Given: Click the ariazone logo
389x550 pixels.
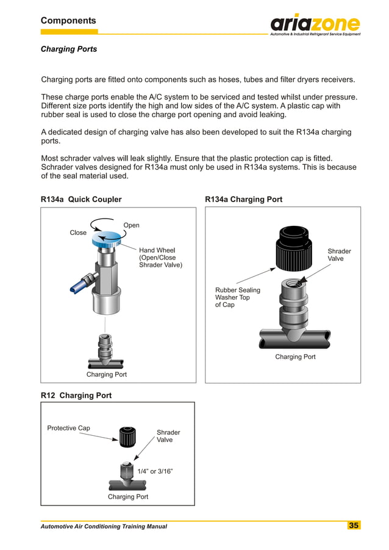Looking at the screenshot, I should pos(315,24).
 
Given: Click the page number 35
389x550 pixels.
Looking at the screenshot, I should pos(354,526).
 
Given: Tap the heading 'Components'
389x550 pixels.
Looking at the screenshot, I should pos(68,21).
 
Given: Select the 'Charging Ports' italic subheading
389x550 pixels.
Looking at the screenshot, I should pos(68,49).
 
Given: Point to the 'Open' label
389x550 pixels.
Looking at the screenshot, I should pos(131,225).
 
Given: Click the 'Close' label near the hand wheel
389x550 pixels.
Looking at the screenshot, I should pos(78,233).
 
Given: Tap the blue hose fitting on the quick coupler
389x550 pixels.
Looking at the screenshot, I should pos(77,283).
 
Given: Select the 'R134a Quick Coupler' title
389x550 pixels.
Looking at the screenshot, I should pos(81,200).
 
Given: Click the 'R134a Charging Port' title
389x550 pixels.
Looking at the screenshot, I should pos(244,200).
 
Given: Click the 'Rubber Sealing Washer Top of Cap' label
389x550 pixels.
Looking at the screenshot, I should pos(237,297).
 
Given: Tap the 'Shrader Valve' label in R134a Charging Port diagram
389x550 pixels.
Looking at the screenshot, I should pos(339,255).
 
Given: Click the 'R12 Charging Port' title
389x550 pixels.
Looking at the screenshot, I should pos(76,396).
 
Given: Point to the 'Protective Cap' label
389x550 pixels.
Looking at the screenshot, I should pos(68,428).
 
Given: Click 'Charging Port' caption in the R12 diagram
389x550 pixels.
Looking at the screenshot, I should pos(128,497).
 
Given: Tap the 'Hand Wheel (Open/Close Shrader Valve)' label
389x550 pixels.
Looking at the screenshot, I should pos(160,258).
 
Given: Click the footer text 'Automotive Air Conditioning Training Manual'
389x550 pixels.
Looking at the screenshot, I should pos(104,526).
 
